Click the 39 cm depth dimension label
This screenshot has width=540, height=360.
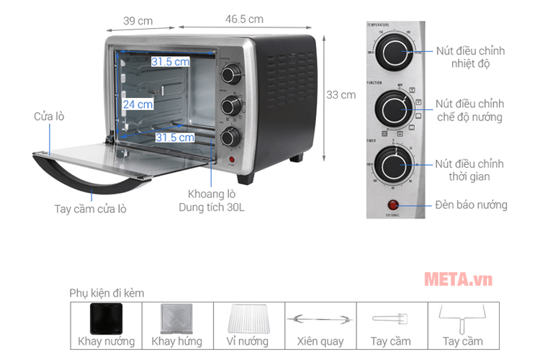tap(138, 21)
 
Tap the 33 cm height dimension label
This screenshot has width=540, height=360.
tap(341, 94)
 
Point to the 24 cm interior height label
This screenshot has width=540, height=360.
tap(138, 104)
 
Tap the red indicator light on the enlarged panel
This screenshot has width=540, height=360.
tap(394, 204)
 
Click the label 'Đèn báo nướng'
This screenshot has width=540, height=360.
tap(471, 205)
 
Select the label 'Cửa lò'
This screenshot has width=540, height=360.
tap(49, 116)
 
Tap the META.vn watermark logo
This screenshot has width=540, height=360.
tap(458, 279)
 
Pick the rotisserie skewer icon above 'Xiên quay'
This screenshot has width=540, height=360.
tap(320, 318)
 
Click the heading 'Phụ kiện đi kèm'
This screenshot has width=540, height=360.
tap(107, 293)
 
